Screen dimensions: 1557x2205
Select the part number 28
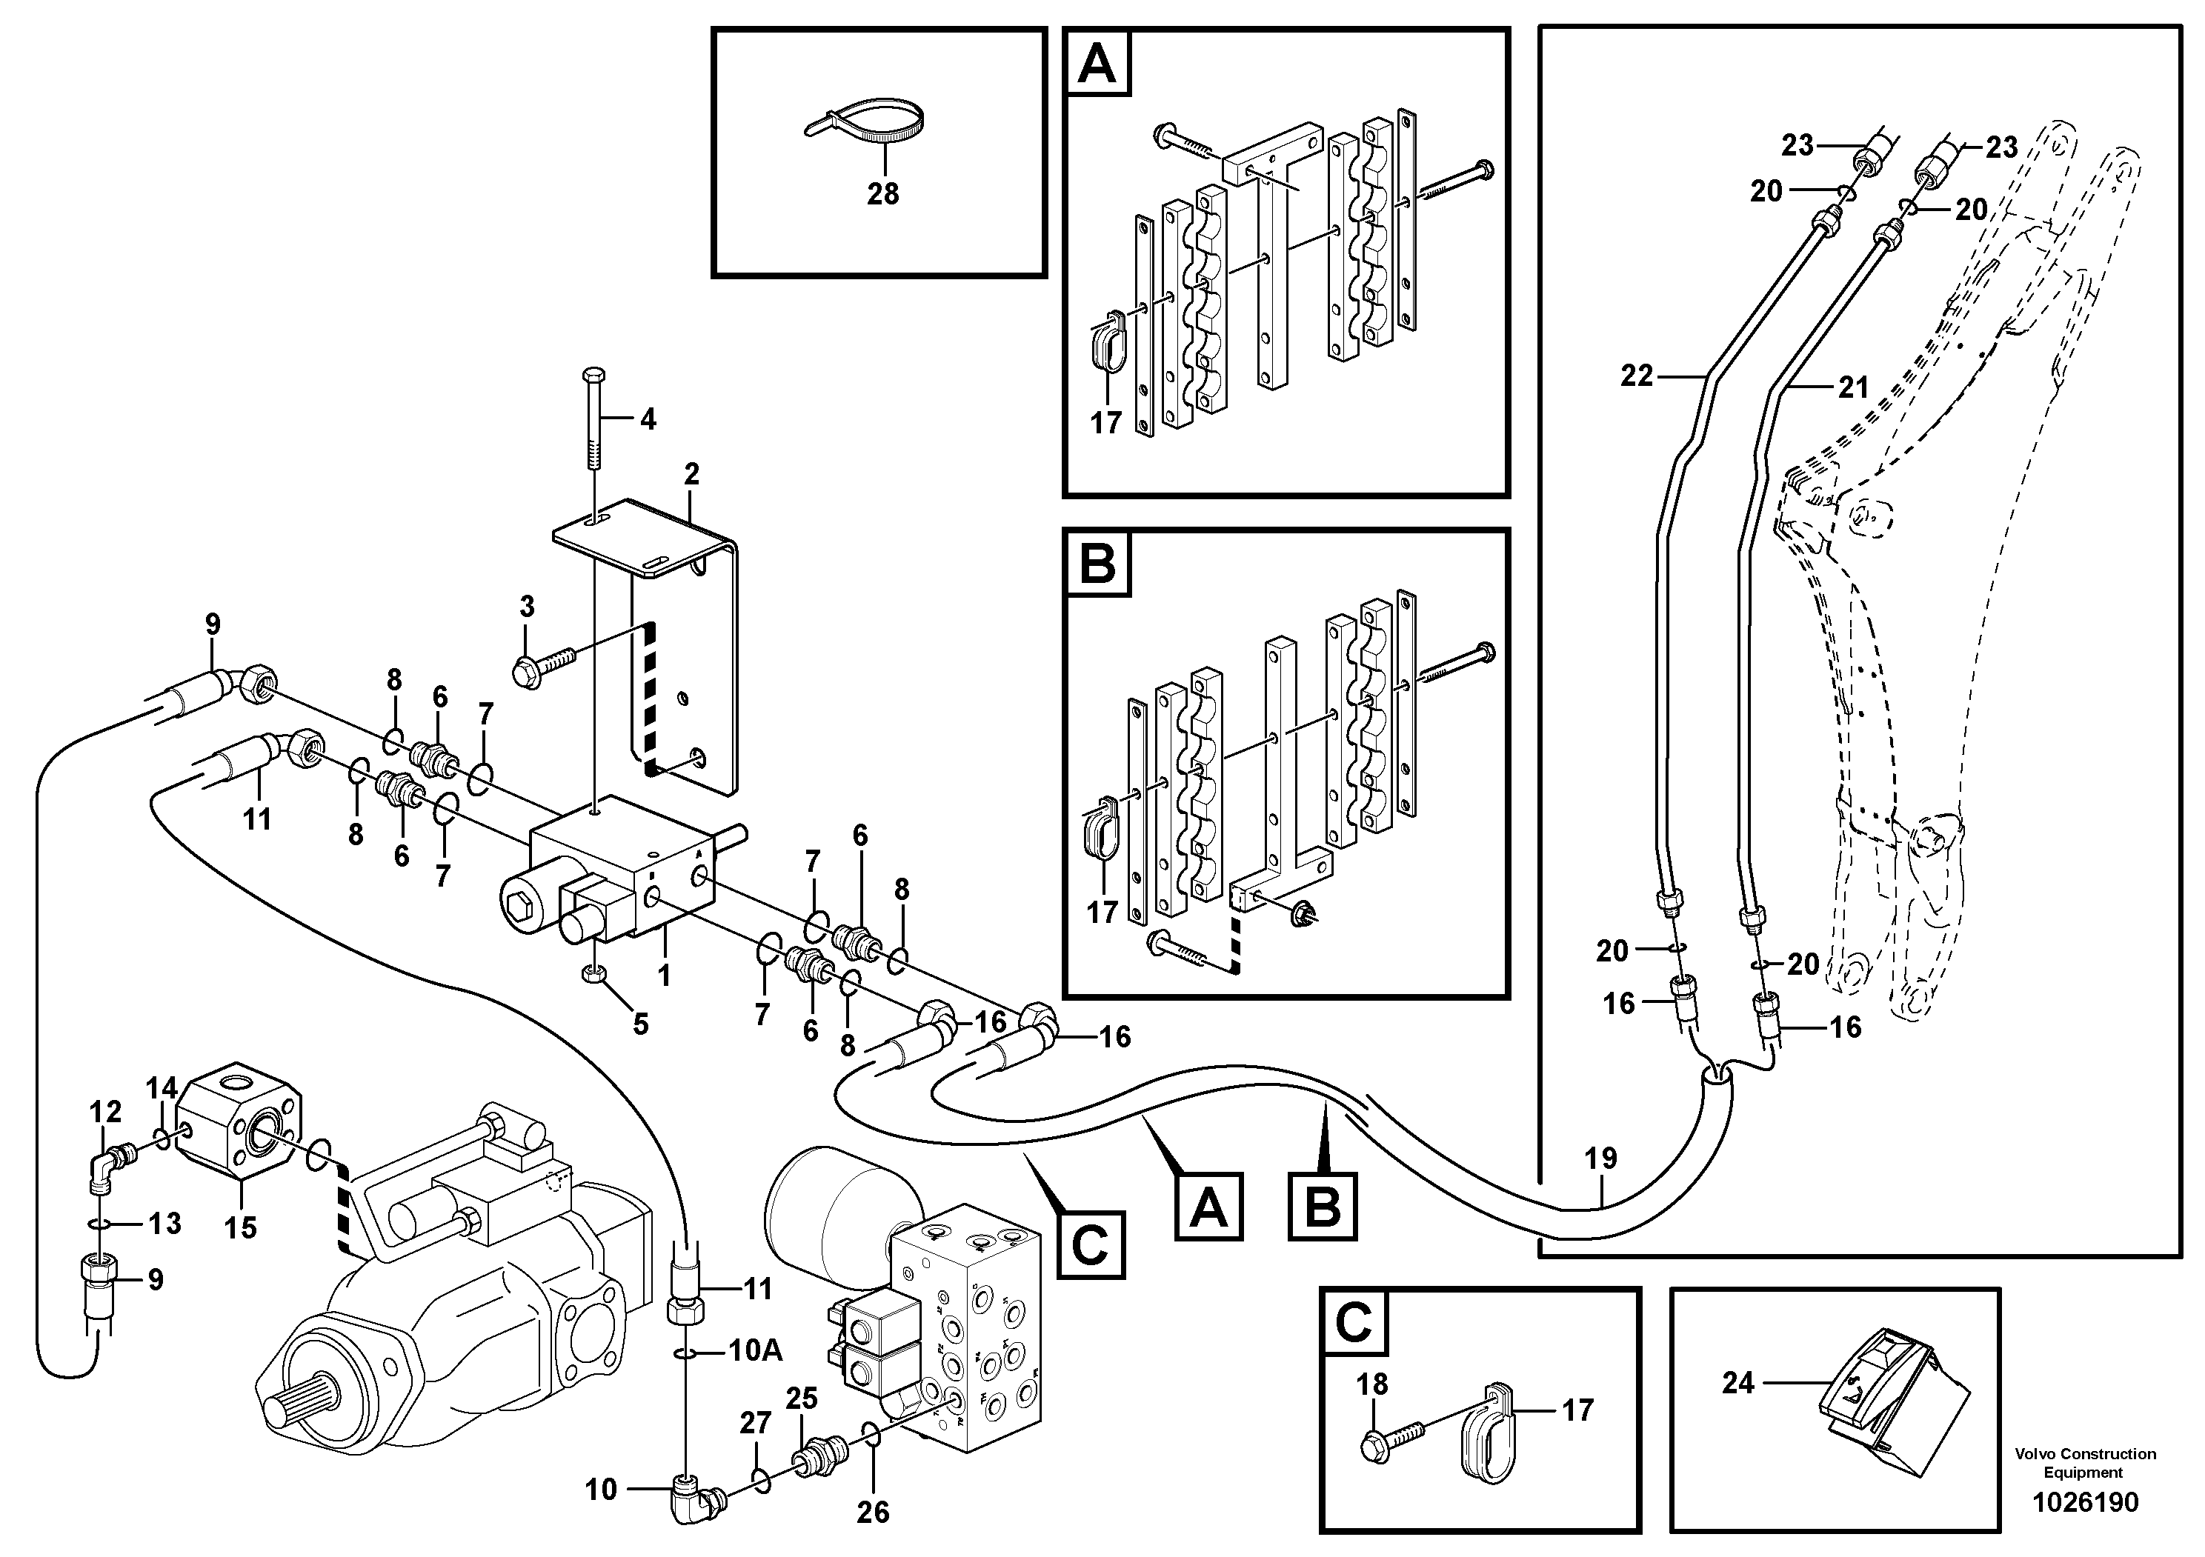tap(882, 194)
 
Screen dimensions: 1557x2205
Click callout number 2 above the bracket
tap(691, 473)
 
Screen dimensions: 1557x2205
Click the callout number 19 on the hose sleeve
tap(1601, 1158)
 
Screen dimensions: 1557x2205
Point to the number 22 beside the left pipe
tap(1637, 376)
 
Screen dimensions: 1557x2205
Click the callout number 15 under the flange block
tap(240, 1227)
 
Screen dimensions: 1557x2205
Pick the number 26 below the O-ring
tap(872, 1512)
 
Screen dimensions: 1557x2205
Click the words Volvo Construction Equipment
tap(2085, 1463)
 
